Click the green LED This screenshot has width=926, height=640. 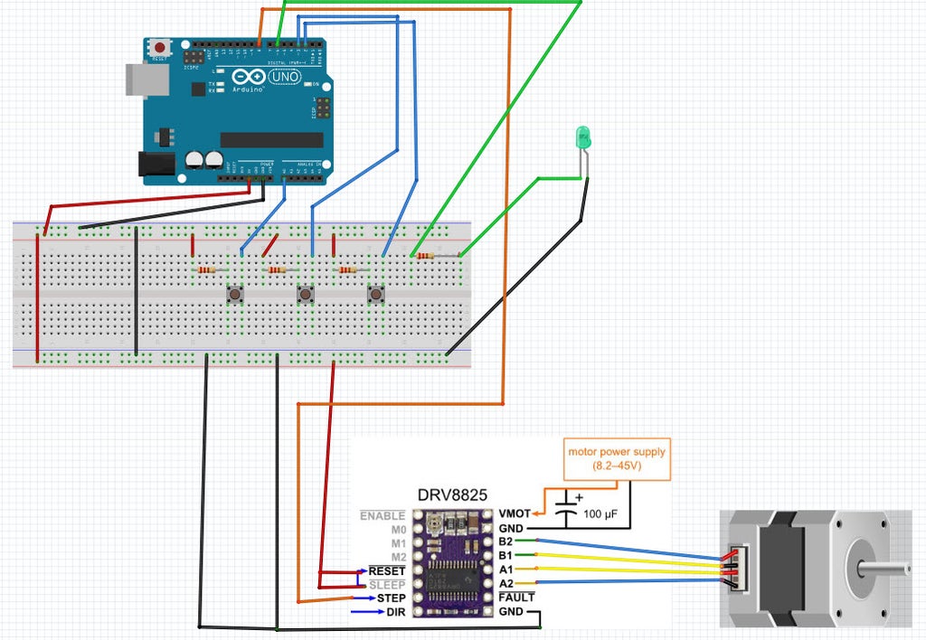point(583,138)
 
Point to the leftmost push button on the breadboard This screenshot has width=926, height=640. point(236,294)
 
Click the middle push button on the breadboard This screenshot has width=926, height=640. point(307,294)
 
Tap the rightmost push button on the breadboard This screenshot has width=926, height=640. point(375,294)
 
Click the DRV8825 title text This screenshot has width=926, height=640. point(452,495)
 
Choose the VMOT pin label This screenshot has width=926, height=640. point(515,513)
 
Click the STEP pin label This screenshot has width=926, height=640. point(391,598)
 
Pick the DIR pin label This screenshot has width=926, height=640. point(396,612)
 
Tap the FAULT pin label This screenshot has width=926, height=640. point(516,598)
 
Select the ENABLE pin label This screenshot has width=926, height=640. point(383,515)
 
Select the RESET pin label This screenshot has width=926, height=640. point(386,571)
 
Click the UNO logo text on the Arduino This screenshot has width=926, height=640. point(285,78)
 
